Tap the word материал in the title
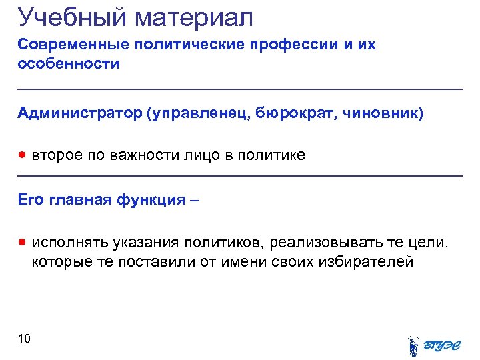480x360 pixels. click(x=196, y=17)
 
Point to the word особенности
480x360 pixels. click(x=69, y=64)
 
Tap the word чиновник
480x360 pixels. click(x=383, y=113)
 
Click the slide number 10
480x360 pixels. click(x=24, y=339)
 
